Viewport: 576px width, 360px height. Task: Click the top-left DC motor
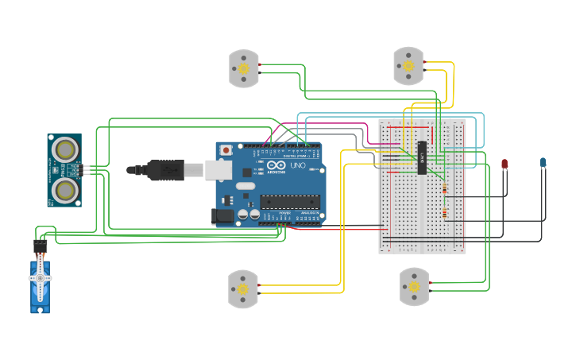(x=244, y=68)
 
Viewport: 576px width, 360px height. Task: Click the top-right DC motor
(x=408, y=65)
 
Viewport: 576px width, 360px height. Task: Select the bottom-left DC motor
(x=243, y=289)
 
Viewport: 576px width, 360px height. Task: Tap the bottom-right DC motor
(x=414, y=286)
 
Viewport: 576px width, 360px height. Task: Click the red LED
(x=504, y=164)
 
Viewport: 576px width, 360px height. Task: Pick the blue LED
(x=543, y=162)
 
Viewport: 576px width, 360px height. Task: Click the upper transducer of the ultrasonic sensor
(x=64, y=149)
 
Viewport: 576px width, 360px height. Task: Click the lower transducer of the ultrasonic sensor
(x=64, y=189)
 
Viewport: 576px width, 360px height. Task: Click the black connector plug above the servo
(x=40, y=247)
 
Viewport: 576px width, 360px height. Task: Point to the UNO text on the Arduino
(x=297, y=167)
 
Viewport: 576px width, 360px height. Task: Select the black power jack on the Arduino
(x=223, y=215)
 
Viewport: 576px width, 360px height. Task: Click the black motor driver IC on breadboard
(x=422, y=157)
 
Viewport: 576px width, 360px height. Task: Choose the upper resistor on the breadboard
(x=443, y=189)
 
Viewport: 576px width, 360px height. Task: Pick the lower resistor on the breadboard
(x=443, y=212)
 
